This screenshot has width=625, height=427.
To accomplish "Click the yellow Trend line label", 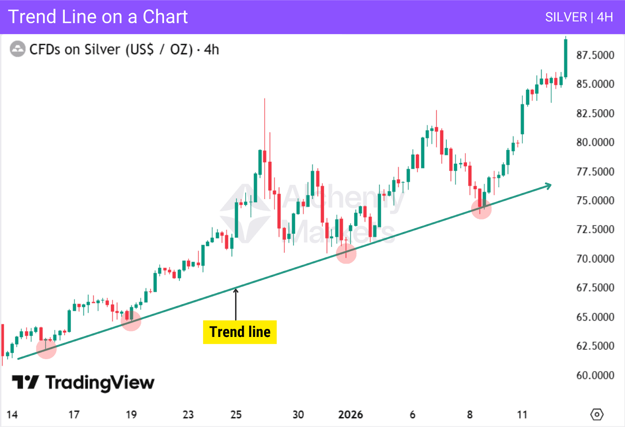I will (239, 332).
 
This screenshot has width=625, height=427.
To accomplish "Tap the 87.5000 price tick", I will (595, 55).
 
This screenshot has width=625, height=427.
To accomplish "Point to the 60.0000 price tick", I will (595, 375).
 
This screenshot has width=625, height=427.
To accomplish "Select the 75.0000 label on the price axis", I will (595, 200).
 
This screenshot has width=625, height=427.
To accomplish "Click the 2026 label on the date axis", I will (350, 415).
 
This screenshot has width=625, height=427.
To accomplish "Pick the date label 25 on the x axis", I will (236, 415).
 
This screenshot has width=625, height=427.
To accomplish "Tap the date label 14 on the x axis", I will (12, 415).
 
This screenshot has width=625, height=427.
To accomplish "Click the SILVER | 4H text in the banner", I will (579, 17).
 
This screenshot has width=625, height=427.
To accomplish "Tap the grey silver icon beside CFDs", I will (18, 49).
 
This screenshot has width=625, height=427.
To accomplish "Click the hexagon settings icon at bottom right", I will (597, 414).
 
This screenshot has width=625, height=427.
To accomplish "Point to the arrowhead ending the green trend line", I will (549, 185).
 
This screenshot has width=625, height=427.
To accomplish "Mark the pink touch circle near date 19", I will (131, 321).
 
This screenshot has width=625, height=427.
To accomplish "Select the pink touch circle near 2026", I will (346, 253).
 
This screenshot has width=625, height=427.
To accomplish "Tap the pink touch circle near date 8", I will (481, 209).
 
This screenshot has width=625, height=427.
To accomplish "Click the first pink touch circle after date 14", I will (46, 349).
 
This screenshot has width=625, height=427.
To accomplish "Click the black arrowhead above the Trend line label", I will (236, 290).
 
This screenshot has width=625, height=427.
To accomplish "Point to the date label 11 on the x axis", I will (522, 415).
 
